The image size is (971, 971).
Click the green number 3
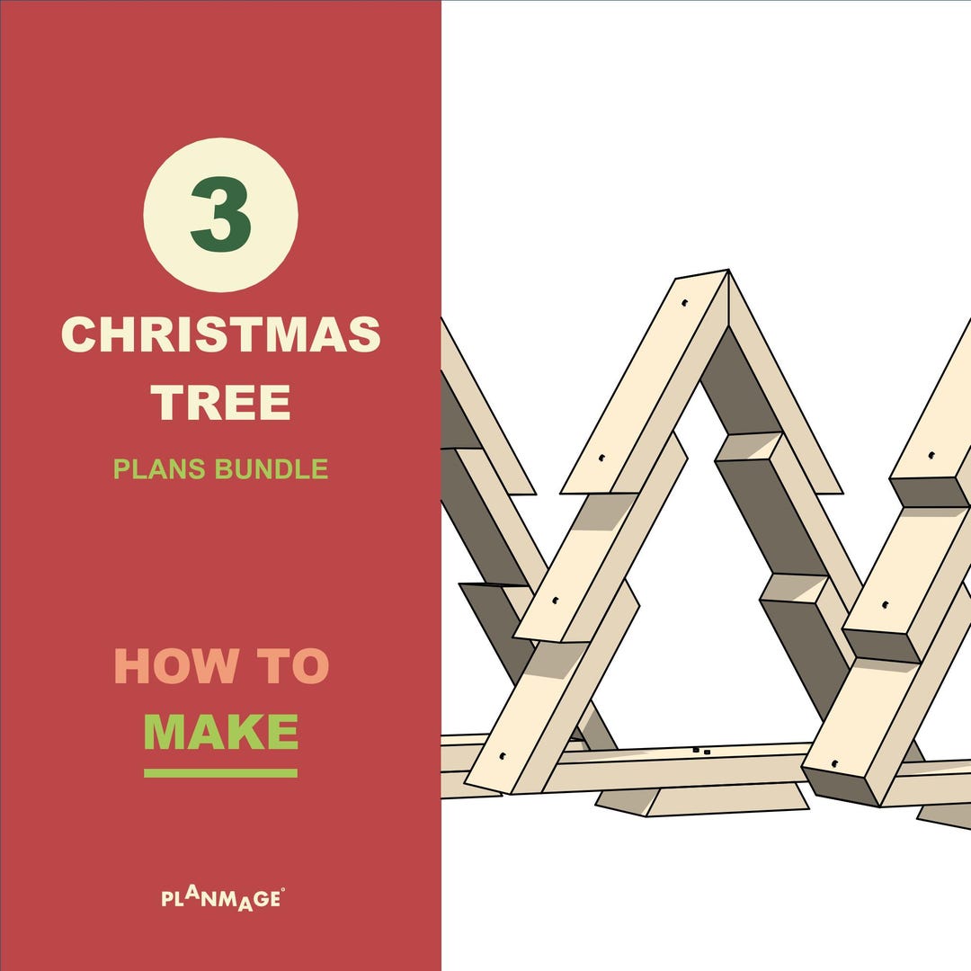(220, 216)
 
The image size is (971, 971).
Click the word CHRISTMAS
(220, 335)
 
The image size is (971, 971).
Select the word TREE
(220, 402)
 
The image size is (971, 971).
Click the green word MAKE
(220, 733)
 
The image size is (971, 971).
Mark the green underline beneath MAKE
(220, 773)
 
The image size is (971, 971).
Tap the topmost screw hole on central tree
(685, 304)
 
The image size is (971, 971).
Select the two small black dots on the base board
(701, 750)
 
